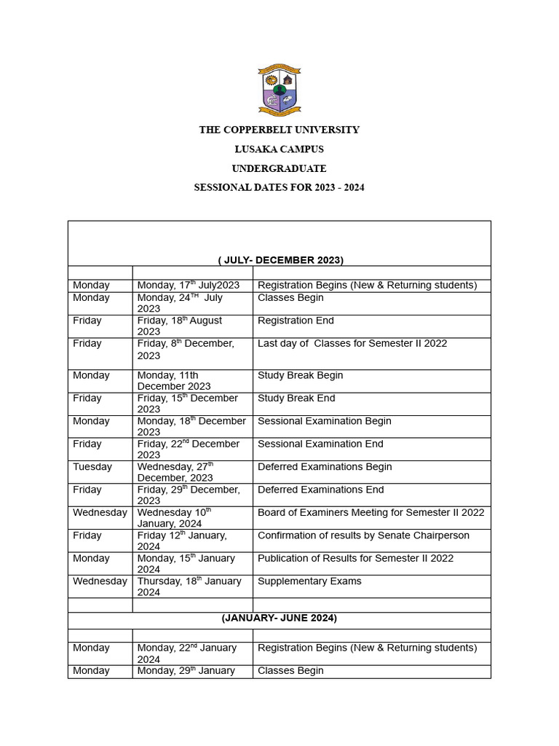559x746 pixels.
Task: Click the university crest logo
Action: [x=279, y=90]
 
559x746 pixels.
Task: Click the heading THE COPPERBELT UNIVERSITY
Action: [x=279, y=130]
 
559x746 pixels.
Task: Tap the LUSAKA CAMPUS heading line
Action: [x=279, y=149]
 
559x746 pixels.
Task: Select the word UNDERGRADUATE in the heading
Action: [x=279, y=168]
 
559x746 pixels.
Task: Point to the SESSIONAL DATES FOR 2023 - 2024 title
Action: [x=279, y=187]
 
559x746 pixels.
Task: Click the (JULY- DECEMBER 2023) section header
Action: [x=280, y=259]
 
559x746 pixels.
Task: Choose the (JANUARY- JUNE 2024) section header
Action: [x=279, y=619]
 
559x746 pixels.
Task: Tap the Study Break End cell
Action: [x=296, y=398]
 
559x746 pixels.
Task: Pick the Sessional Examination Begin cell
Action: [x=325, y=421]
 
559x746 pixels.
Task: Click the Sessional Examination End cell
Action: [x=320, y=444]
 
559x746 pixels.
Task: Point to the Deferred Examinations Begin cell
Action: [x=325, y=467]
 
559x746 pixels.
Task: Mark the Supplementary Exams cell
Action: [x=309, y=581]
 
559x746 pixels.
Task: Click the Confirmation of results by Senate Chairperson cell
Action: [x=363, y=535]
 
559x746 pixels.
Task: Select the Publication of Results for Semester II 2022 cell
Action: [x=355, y=559]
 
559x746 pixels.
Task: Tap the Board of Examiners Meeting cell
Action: [x=370, y=513]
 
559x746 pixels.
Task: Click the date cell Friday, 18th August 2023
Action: [x=180, y=326]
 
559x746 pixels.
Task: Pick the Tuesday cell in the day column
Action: [x=92, y=467]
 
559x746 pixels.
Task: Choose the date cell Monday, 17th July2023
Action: [x=189, y=286]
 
